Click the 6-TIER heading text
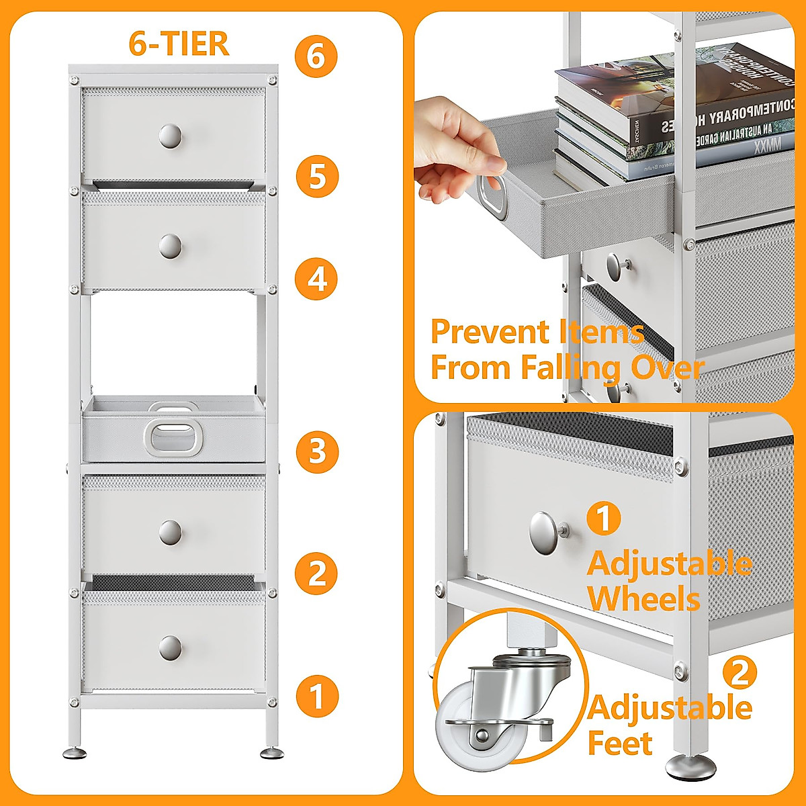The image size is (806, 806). point(179,44)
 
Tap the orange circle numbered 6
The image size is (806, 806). point(316,56)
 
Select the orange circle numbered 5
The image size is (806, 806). point(316,176)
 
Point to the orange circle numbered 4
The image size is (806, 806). point(316,279)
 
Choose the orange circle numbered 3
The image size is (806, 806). point(316,451)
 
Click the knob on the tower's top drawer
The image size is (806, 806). point(171,136)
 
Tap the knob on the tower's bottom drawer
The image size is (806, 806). point(171,647)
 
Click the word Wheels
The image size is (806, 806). point(643,598)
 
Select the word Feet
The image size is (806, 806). point(620,744)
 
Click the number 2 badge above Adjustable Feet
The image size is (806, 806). point(740,672)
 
